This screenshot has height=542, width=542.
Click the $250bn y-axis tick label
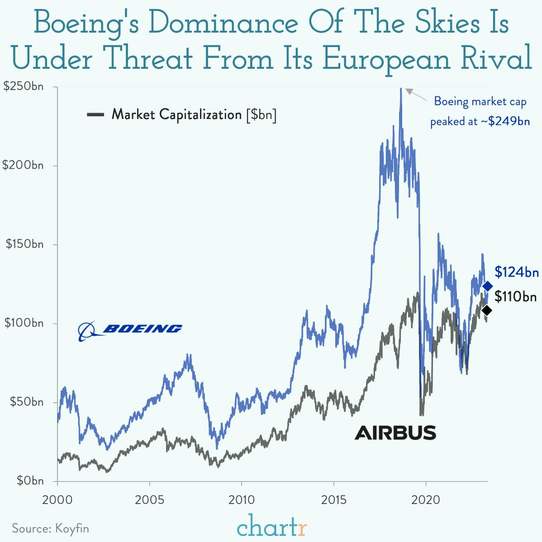click(x=24, y=86)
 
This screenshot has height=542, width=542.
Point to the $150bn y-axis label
click(x=24, y=244)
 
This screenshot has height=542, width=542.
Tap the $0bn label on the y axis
click(x=30, y=480)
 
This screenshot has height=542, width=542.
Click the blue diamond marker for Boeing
click(x=487, y=286)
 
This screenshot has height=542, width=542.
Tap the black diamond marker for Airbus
click(x=487, y=310)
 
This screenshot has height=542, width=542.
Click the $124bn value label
click(x=517, y=272)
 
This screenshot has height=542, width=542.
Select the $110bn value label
click(x=516, y=297)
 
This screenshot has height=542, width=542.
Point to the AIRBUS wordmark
click(x=395, y=433)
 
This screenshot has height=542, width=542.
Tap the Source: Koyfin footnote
click(x=50, y=528)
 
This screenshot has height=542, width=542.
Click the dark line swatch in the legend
click(x=95, y=115)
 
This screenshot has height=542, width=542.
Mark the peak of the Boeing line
click(x=400, y=89)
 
